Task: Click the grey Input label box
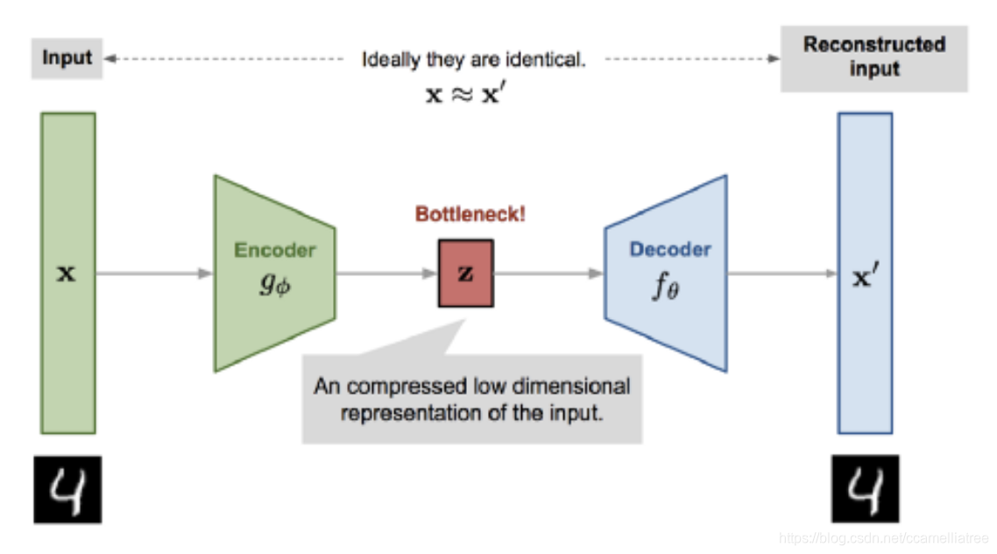(67, 59)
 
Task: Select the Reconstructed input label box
(873, 58)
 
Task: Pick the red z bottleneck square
(465, 273)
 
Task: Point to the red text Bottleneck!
(470, 214)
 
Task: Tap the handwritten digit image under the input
(67, 490)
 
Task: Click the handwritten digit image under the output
(865, 490)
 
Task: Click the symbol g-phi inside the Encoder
(274, 285)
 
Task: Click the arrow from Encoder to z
(386, 273)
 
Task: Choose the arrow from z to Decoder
(548, 273)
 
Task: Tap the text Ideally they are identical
(473, 60)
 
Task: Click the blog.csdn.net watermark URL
(883, 537)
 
